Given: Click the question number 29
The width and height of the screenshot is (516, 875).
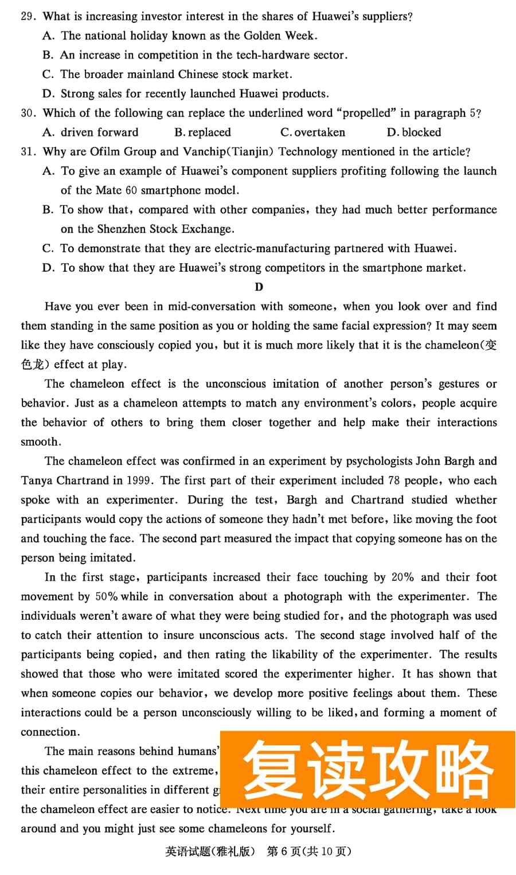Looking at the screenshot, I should [28, 16].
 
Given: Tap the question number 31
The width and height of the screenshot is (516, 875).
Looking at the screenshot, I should [28, 152].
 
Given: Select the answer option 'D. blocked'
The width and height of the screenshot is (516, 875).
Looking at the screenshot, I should [414, 132].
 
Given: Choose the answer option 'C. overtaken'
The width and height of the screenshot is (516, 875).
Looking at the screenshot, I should [313, 132].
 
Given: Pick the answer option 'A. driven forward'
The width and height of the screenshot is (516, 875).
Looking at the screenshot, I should [91, 132].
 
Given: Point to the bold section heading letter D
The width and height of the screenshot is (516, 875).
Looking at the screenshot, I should [259, 287].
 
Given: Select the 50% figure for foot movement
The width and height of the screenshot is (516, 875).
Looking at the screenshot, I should [106, 597].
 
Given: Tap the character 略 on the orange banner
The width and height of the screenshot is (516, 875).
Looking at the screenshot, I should [464, 767].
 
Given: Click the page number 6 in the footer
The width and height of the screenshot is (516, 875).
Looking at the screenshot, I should [286, 851].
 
